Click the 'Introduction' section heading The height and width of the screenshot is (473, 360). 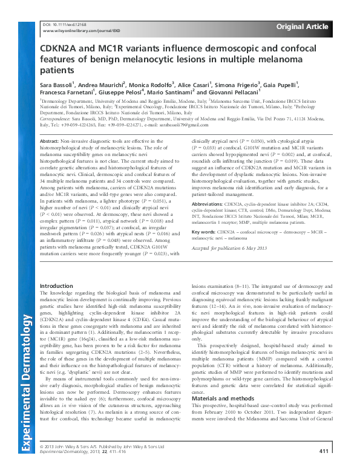56,285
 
